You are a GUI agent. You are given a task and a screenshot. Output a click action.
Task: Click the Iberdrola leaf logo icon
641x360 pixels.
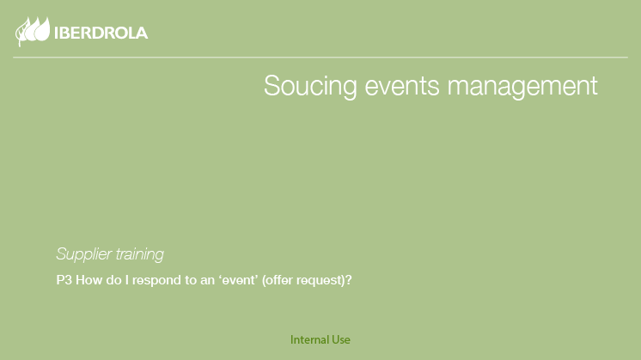click(33, 31)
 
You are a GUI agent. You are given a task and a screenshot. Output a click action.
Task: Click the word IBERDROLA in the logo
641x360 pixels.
click(101, 34)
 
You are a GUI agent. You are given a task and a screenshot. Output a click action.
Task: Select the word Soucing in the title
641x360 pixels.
click(310, 86)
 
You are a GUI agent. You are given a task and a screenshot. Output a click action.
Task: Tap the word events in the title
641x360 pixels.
click(402, 86)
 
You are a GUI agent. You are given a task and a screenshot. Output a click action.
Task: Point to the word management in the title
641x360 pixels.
click(522, 87)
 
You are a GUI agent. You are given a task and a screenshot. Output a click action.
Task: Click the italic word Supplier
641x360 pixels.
click(83, 254)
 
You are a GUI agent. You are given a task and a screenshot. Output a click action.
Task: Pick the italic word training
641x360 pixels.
click(139, 254)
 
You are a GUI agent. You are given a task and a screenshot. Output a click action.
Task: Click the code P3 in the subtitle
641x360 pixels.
click(64, 280)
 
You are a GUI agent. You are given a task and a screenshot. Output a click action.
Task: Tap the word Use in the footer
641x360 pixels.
click(341, 339)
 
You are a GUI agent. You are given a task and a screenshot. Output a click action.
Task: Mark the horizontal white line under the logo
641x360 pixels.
click(320, 58)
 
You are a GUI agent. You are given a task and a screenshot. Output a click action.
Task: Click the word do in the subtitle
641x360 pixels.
click(113, 280)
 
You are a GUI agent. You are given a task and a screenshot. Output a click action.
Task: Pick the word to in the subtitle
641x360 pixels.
click(191, 281)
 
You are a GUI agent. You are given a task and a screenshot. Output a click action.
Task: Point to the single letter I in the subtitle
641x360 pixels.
click(126, 280)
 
